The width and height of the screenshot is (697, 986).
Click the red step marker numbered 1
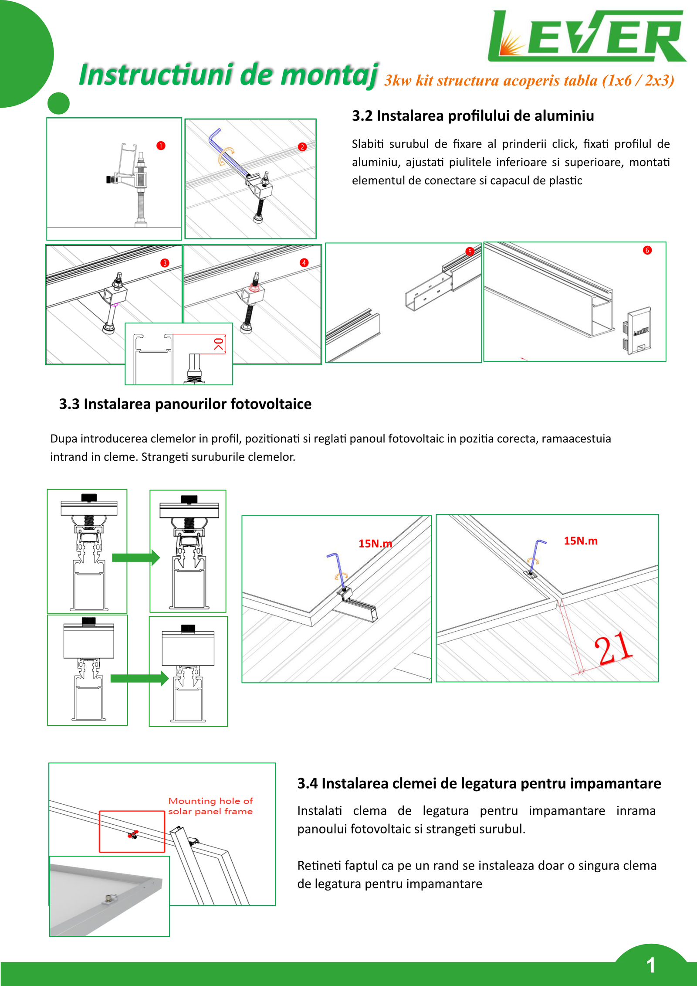click(x=161, y=146)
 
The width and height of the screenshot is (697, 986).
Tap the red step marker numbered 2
click(x=302, y=147)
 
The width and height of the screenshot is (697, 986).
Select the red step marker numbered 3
click(x=165, y=263)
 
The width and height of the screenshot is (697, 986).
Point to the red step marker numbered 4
click(x=304, y=262)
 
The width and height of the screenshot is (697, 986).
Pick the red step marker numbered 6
click(x=647, y=250)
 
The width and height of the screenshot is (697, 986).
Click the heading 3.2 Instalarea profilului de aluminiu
click(x=473, y=116)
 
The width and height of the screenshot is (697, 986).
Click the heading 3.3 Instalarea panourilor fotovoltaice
click(x=185, y=404)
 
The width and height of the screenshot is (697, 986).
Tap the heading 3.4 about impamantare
click(x=479, y=783)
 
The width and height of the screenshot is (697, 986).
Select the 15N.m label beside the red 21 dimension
click(x=580, y=541)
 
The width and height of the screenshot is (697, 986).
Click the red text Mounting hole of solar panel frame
click(x=210, y=806)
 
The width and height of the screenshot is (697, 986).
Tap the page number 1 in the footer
click(x=651, y=965)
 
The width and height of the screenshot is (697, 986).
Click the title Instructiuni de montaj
click(x=228, y=75)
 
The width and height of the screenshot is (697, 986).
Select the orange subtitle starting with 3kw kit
click(x=529, y=81)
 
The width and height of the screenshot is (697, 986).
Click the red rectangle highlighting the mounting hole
click(x=132, y=832)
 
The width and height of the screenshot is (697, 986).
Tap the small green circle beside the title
click(x=58, y=104)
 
